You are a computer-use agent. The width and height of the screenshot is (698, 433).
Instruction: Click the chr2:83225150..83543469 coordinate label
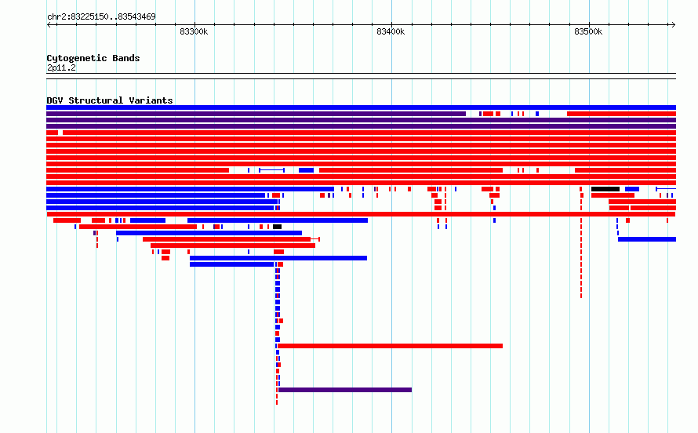(101, 17)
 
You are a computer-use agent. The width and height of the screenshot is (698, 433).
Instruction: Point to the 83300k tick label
(194, 31)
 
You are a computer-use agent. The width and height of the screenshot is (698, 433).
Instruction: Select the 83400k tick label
(391, 31)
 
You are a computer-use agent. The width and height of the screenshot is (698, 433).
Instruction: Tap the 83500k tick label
(588, 31)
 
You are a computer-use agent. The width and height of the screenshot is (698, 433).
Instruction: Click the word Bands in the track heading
(126, 58)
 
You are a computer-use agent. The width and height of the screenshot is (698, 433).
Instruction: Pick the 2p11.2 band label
(61, 67)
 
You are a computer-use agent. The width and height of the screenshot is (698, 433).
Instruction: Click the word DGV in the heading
(55, 100)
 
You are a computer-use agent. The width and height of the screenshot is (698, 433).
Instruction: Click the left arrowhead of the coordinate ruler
(48, 25)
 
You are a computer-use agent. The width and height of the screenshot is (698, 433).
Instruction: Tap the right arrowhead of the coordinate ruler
(674, 25)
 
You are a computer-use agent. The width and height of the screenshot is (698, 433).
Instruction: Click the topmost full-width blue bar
(361, 107)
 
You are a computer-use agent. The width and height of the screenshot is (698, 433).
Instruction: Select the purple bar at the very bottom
(345, 390)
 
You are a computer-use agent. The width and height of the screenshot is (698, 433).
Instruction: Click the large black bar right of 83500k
(605, 189)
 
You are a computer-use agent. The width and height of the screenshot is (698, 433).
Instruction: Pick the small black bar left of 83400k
(277, 227)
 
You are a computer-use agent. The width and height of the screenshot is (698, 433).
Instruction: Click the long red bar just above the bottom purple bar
(390, 346)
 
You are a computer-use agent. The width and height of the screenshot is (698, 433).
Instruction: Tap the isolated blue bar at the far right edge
(647, 239)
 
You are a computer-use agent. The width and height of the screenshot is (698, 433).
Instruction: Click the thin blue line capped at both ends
(271, 170)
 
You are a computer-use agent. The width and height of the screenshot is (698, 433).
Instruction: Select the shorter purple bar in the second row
(256, 114)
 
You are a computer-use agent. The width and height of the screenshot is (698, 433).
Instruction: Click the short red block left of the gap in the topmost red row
(52, 133)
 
